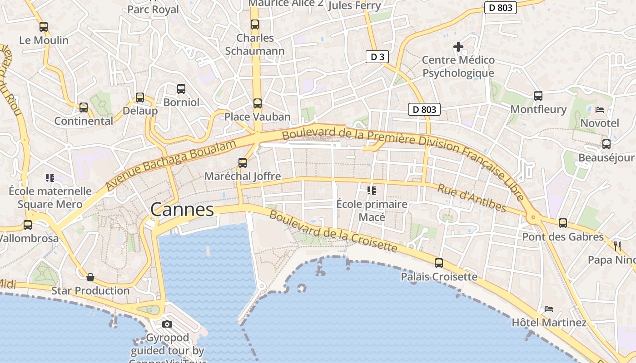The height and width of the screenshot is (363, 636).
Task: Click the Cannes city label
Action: click(x=182, y=210)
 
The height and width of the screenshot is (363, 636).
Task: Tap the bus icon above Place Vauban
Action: click(x=258, y=103)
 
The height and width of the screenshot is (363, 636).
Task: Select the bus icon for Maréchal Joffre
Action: click(x=243, y=162)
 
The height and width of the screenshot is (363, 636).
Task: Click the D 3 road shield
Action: click(x=377, y=57)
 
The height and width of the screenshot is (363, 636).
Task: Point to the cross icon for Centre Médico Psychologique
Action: click(x=458, y=46)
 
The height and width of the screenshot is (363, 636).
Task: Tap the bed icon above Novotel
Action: click(x=600, y=109)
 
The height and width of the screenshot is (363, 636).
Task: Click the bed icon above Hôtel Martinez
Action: click(x=549, y=309)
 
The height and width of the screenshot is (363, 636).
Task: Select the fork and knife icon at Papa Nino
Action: click(x=617, y=246)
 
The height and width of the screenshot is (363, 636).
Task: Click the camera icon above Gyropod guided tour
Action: click(x=167, y=324)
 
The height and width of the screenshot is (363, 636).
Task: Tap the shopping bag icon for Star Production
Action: click(x=90, y=277)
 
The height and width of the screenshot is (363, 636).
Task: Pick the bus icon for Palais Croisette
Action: click(x=439, y=263)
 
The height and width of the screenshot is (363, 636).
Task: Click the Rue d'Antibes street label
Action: click(x=472, y=198)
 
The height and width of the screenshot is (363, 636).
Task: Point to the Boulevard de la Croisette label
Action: click(x=333, y=231)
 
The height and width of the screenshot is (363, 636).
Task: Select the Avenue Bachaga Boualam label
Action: click(x=171, y=165)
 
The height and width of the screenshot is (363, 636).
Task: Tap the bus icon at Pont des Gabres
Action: click(x=563, y=223)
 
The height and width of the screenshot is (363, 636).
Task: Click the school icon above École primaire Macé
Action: click(x=372, y=191)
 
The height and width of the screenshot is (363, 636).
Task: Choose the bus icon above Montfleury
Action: click(x=538, y=95)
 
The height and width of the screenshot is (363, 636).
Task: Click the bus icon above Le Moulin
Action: click(x=44, y=26)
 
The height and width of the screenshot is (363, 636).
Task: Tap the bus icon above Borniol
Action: click(x=181, y=88)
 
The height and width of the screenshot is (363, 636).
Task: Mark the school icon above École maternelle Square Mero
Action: click(x=50, y=177)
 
